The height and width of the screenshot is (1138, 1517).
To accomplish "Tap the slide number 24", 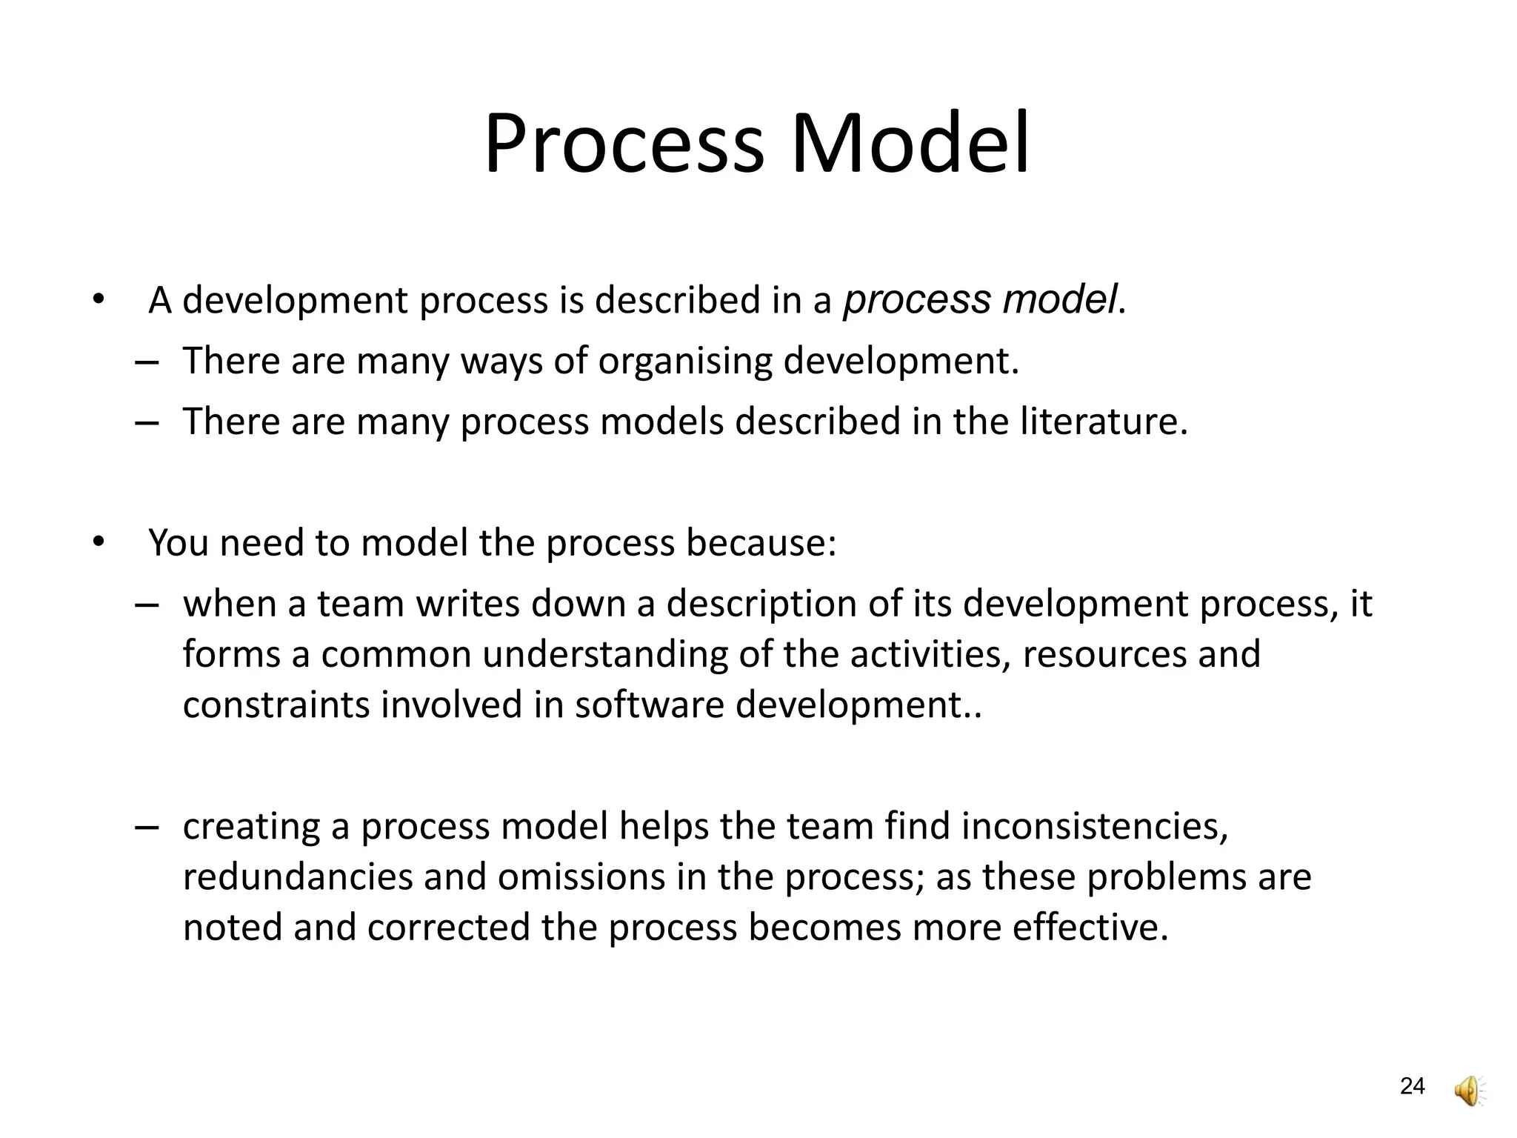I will [x=1412, y=1086].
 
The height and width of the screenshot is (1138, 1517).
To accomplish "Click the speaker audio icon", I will [x=1470, y=1091].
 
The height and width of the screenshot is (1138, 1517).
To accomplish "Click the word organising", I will [x=684, y=362].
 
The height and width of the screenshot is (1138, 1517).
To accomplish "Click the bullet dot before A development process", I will [x=98, y=301].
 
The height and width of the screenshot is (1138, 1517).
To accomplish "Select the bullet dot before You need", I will [x=98, y=543].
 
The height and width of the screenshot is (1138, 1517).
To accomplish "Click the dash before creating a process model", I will [x=147, y=827].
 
